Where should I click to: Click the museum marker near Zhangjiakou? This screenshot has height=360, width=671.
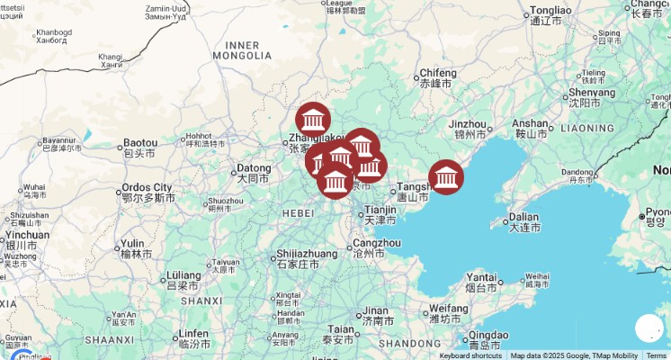click(313, 120)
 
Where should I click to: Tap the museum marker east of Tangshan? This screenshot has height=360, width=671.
click(446, 176)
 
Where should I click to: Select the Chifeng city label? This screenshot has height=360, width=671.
click(437, 73)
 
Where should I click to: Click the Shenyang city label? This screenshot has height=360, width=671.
click(592, 92)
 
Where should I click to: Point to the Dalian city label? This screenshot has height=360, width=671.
click(523, 217)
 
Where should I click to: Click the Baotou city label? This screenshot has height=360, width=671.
click(140, 143)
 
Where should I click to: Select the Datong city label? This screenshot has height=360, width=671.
click(253, 168)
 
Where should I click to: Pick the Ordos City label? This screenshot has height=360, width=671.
click(147, 187)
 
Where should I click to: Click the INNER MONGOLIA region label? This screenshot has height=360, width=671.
click(242, 50)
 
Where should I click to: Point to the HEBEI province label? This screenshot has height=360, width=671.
click(298, 213)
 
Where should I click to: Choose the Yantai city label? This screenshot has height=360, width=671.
click(481, 277)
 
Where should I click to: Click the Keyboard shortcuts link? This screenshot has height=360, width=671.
click(470, 355)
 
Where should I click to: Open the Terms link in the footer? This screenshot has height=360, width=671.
click(657, 355)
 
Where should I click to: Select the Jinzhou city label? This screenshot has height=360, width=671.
click(467, 124)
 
